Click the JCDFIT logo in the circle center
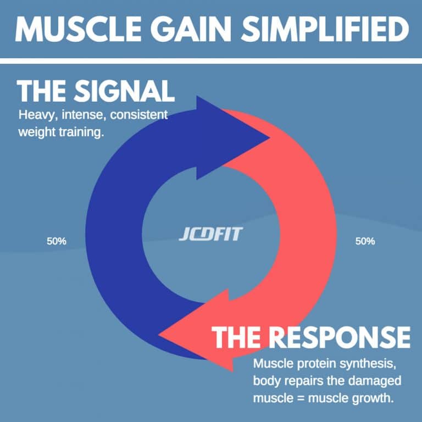coord(210,235)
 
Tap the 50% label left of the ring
coord(56,241)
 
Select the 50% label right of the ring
coord(365,241)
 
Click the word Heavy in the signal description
coord(32,116)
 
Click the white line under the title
coord(211,60)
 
